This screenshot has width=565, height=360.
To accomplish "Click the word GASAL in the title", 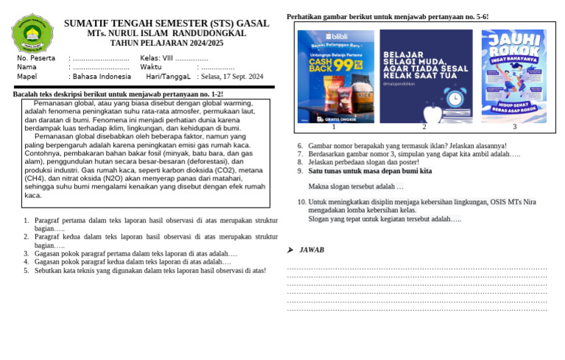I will point(252,24).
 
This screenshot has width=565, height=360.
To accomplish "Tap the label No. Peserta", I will point(36,57).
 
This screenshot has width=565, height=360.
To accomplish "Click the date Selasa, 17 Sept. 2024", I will point(230,76).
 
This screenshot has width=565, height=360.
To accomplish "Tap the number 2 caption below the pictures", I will point(424,127).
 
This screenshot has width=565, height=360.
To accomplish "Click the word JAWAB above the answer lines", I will point(312,250).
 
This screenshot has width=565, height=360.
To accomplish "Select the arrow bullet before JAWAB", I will point(291,250).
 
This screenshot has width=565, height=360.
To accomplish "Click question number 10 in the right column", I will point(302,202).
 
